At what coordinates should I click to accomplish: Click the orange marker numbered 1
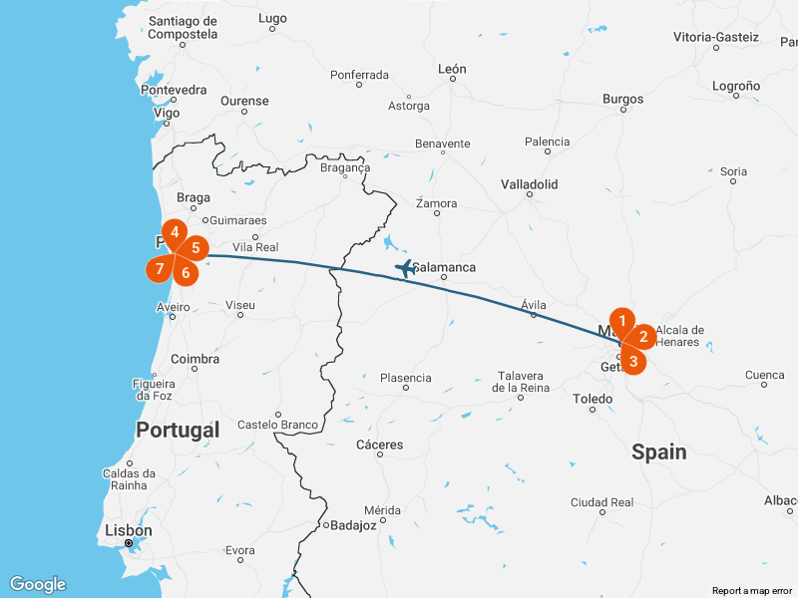pyautogui.click(x=622, y=321)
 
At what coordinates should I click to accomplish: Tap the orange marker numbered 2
pyautogui.click(x=643, y=337)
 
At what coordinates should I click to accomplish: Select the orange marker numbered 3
pyautogui.click(x=633, y=361)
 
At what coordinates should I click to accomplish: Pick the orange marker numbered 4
pyautogui.click(x=175, y=232)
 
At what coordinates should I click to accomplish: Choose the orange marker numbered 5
pyautogui.click(x=196, y=247)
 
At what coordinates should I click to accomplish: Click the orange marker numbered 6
pyautogui.click(x=186, y=271)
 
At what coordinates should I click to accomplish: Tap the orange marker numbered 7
pyautogui.click(x=159, y=269)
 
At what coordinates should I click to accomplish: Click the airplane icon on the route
pyautogui.click(x=405, y=267)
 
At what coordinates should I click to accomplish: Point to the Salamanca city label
pyautogui.click(x=444, y=267)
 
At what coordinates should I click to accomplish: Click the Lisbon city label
pyautogui.click(x=130, y=531)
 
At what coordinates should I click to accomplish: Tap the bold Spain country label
pyautogui.click(x=658, y=451)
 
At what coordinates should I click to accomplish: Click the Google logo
pyautogui.click(x=37, y=585)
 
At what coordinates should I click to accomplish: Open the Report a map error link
pyautogui.click(x=752, y=591)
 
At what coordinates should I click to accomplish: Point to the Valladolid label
pyautogui.click(x=530, y=184)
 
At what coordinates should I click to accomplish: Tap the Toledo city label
pyautogui.click(x=593, y=399)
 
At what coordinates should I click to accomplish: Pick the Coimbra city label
pyautogui.click(x=196, y=359)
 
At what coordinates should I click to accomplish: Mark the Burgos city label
pyautogui.click(x=623, y=99)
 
